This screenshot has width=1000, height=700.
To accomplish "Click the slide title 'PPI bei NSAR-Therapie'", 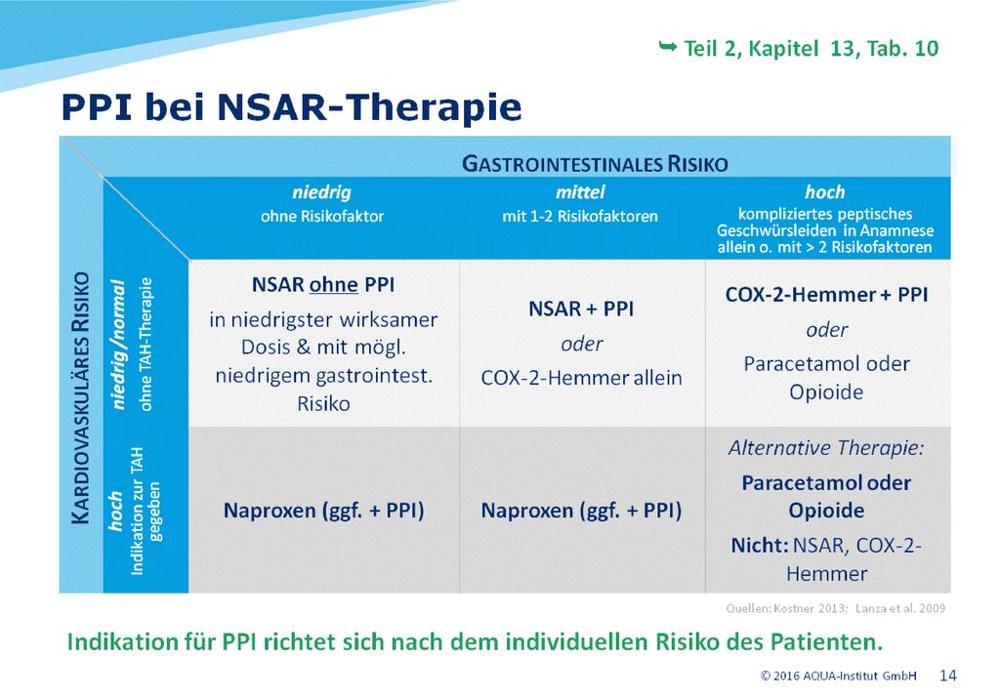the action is (x=291, y=106).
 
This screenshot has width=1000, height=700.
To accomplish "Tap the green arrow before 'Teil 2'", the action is (x=667, y=46).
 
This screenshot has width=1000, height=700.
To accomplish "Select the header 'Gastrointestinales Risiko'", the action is (x=595, y=164).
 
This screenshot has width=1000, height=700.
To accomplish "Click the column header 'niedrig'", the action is (x=321, y=192).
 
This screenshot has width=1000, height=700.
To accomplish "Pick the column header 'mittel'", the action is (x=580, y=192).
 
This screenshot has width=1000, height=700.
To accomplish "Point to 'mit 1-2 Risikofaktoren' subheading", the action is (x=580, y=216).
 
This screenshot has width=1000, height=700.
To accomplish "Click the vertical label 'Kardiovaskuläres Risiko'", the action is (x=80, y=397).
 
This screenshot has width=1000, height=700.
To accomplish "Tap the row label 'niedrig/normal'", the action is (x=117, y=345).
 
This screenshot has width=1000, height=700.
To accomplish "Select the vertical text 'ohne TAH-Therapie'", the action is (x=146, y=345).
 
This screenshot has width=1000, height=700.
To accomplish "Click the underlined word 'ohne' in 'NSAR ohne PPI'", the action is (x=333, y=284).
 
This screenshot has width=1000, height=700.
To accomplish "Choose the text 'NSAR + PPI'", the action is (x=581, y=309).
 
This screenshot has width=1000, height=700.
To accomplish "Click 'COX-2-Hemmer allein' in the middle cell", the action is (x=581, y=378).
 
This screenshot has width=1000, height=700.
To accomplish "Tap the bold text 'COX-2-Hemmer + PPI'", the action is (x=826, y=295).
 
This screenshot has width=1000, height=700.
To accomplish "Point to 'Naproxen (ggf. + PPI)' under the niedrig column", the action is (x=323, y=511).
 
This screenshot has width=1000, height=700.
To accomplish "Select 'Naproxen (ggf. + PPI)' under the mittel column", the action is (x=581, y=511).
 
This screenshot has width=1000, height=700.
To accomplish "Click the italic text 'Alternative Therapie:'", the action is (x=826, y=447).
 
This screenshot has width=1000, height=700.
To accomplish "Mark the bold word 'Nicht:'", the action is (x=760, y=546).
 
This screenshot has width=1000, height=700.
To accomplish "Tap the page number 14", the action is (x=947, y=676).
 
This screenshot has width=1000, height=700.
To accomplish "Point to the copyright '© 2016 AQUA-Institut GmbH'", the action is (x=838, y=676).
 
